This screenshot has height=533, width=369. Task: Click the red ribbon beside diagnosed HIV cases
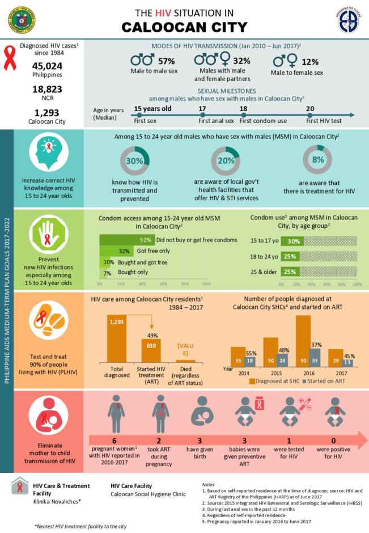pos(10,59)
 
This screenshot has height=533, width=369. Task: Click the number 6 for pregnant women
pos(114,441)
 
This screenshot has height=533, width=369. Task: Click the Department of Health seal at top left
pos(21,19)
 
